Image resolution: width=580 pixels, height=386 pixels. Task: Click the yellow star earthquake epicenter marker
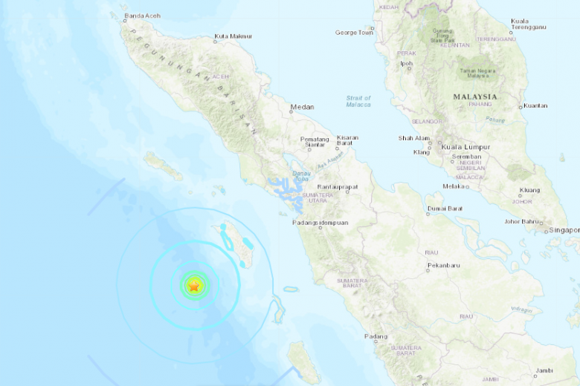coord(194,285)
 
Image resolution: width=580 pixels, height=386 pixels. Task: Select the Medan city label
coord(302,106)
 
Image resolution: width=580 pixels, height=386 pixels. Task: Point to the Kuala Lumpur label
coord(463,147)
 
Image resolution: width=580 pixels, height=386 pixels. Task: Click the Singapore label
coord(564,230)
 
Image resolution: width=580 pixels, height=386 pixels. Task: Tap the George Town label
coord(354,33)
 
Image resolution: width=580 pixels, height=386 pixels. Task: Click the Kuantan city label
coord(535,105)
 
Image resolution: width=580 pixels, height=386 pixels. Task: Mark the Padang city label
coord(376,336)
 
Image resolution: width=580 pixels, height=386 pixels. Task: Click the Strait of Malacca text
coord(358,101)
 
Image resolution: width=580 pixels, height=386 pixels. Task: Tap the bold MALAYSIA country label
coord(475,96)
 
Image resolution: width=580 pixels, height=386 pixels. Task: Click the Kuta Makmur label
coord(233,36)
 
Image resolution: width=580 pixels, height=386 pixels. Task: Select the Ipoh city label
coord(406,64)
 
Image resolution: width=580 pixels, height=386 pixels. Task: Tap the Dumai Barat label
coord(445,209)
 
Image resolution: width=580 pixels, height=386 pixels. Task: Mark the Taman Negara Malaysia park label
coord(477,73)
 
